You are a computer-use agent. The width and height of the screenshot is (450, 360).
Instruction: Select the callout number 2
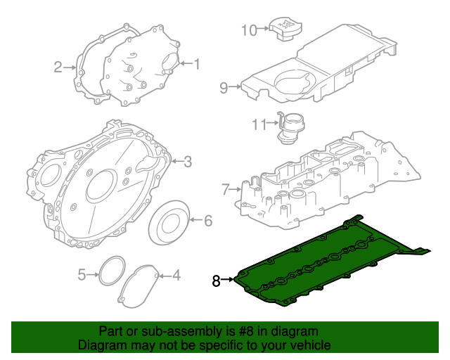point(58,67)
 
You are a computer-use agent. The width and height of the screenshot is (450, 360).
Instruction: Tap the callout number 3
point(188,162)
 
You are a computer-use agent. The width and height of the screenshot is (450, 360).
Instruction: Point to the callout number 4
point(176,275)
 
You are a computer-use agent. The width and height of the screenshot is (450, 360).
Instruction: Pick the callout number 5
point(82,275)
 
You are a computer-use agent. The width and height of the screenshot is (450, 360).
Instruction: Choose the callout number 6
point(208,221)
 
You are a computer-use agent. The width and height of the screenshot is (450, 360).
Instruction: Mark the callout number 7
point(225,189)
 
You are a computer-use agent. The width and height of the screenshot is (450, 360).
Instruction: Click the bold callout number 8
point(217,281)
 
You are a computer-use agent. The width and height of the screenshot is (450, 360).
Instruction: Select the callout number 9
point(224,88)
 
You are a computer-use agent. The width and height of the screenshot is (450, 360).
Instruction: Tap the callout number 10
point(250,30)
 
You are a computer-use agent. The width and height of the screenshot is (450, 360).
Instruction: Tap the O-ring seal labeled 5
point(110,272)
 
